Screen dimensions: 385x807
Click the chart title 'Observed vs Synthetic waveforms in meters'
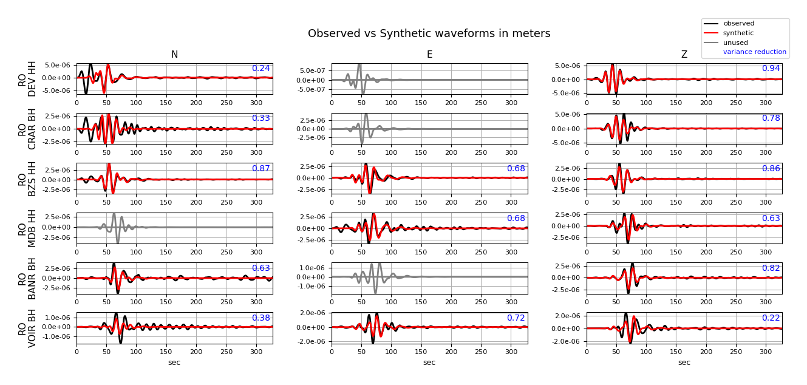[x=429, y=34]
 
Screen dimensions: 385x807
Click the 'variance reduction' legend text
[x=754, y=52]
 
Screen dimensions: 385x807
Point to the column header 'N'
[x=174, y=55]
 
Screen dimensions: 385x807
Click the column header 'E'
[x=429, y=55]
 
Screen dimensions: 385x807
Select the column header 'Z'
[x=684, y=55]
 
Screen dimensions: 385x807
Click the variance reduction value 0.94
[x=771, y=69]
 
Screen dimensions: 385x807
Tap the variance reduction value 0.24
[x=260, y=69]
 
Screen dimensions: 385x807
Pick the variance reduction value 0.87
[x=260, y=169]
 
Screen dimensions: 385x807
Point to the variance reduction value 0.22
[x=771, y=318]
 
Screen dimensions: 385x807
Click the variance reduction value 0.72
[x=516, y=318]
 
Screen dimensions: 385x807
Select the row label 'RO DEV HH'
[x=27, y=79]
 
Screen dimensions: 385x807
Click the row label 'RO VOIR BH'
[x=27, y=328]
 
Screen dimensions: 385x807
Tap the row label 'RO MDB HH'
[x=27, y=228]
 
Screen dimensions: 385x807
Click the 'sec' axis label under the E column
[x=429, y=363]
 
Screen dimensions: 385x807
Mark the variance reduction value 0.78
[x=771, y=118]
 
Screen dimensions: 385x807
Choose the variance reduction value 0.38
[x=260, y=318]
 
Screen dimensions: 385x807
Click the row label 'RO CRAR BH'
[x=27, y=129]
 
